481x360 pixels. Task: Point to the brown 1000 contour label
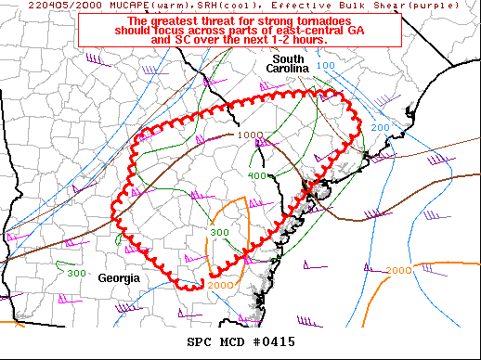[249, 135]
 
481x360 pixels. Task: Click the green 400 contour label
[259, 175]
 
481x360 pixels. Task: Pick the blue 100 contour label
[326, 66]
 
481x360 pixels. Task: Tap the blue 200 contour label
[381, 127]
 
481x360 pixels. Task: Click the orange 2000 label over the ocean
[397, 271]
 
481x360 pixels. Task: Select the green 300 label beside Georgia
[77, 275]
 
